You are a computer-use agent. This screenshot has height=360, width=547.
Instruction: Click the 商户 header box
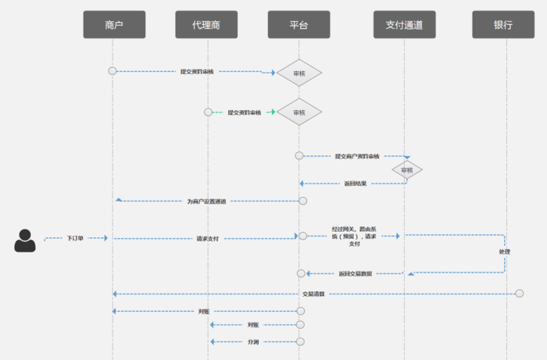click(x=114, y=25)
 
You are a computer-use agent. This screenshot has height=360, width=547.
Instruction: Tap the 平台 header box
click(x=299, y=25)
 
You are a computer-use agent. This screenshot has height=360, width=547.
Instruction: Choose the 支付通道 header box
click(x=404, y=25)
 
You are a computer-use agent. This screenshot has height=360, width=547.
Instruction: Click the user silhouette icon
click(x=25, y=241)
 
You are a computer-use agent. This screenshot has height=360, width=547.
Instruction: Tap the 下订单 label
click(x=75, y=237)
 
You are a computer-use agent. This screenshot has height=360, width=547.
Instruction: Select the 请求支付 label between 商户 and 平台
click(x=207, y=237)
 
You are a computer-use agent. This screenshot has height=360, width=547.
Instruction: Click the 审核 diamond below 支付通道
click(x=407, y=169)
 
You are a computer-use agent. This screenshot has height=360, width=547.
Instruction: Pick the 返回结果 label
click(x=355, y=184)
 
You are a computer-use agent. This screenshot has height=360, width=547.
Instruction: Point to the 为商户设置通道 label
click(x=206, y=201)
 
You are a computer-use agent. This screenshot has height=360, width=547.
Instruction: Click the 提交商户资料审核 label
click(x=357, y=156)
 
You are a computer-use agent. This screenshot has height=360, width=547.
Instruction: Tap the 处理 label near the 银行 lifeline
click(x=505, y=252)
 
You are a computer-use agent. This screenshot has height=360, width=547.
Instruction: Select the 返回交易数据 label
click(x=356, y=273)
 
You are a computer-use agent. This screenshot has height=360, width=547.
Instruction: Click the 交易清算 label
click(x=313, y=294)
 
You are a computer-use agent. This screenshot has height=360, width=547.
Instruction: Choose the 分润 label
click(x=253, y=341)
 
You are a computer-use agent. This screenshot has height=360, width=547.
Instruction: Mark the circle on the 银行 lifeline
click(x=520, y=293)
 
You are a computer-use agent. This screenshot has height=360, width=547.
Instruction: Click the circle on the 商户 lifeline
click(x=113, y=71)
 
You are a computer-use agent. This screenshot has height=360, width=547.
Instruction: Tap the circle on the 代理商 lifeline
click(x=208, y=112)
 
